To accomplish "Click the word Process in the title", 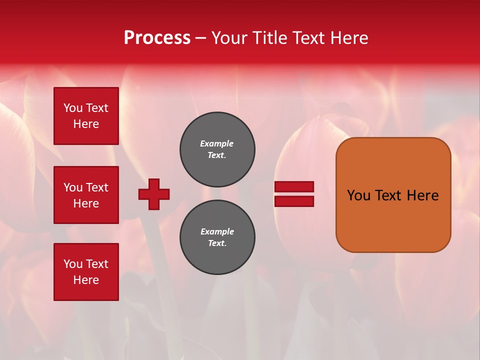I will [157, 38].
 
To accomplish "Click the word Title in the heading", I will [270, 38].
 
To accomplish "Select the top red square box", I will [86, 116].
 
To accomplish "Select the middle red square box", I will [86, 195].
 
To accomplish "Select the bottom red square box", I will [86, 272].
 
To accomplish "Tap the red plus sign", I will [154, 194].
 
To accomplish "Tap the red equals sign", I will [294, 194].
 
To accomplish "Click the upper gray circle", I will [217, 149].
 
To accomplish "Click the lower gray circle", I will [217, 237].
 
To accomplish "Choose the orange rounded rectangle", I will [393, 195].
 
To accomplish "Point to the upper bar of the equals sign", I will [294, 187].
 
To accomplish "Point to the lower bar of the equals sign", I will [294, 201].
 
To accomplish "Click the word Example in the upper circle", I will [217, 143].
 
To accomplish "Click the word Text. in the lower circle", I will [217, 243].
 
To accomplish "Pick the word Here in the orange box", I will [422, 195].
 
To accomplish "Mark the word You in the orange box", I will [358, 195].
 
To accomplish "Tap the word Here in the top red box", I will [86, 124].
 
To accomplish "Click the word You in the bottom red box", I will [73, 264].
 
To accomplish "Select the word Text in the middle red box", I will [97, 187].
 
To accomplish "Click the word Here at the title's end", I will [349, 38].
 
